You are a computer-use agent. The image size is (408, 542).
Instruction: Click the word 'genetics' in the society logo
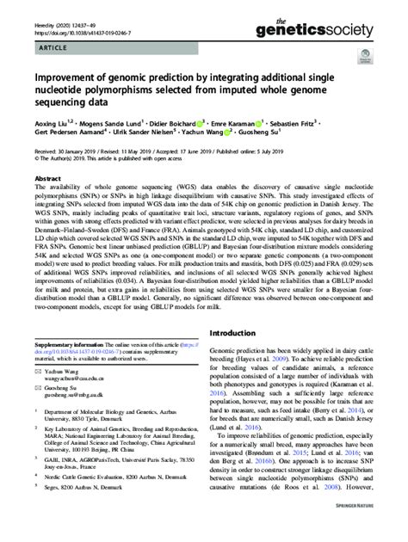[x=334, y=27]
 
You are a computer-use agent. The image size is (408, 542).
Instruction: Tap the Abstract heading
[x=48, y=175]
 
